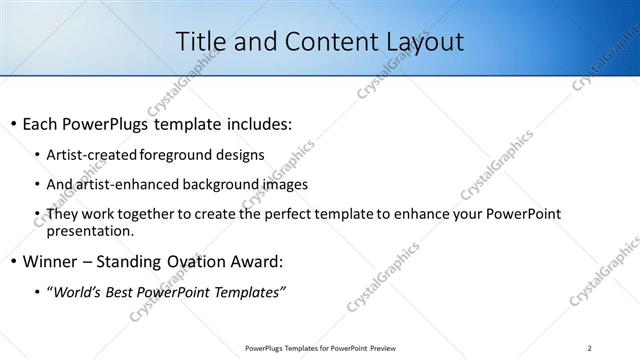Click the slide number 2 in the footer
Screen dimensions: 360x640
point(590,347)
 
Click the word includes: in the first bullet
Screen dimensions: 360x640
point(256,125)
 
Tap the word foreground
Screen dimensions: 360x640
point(176,155)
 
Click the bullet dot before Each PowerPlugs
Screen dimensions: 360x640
point(13,125)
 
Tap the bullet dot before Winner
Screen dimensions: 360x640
point(13,262)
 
